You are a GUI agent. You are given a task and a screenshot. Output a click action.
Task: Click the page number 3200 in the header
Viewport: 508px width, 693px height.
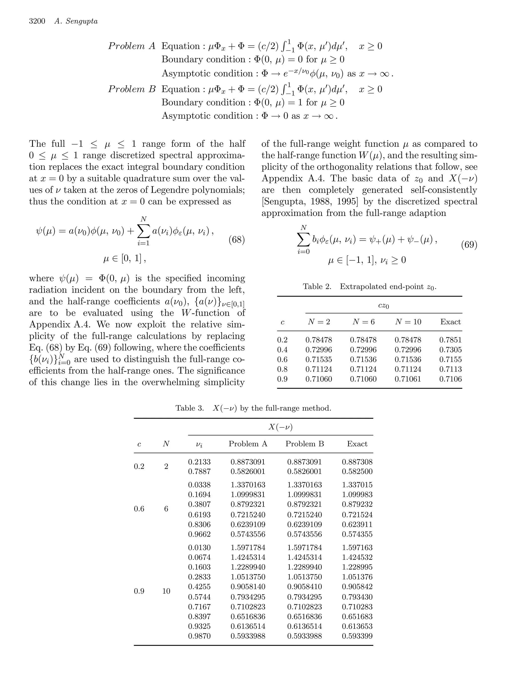(37, 21)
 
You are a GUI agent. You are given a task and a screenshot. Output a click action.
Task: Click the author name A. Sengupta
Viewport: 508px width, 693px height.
(76, 21)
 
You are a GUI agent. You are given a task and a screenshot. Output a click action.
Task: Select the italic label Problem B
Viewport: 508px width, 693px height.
(132, 89)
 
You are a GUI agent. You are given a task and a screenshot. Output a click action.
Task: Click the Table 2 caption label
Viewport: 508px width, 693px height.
(317, 286)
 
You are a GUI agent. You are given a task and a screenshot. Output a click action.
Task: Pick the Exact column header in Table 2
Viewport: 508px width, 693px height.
(450, 322)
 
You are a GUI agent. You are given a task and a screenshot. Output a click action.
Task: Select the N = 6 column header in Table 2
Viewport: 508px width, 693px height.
(363, 322)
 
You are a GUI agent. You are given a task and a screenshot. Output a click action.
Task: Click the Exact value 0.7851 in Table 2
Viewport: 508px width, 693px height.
(450, 340)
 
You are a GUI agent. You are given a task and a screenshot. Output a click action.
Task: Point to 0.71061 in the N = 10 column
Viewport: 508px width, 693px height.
(408, 379)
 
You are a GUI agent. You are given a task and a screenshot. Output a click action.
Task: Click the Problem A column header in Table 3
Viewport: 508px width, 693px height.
(248, 444)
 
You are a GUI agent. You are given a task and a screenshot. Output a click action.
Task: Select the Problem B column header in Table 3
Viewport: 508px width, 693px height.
(304, 444)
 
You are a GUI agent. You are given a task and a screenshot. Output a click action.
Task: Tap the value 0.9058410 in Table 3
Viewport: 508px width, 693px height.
(304, 587)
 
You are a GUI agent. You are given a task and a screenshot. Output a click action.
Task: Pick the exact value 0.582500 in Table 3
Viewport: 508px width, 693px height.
(357, 471)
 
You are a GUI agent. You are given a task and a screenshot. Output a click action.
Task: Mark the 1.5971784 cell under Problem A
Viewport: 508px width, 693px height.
(248, 548)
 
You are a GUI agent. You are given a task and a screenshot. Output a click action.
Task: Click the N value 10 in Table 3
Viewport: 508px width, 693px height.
(166, 591)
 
